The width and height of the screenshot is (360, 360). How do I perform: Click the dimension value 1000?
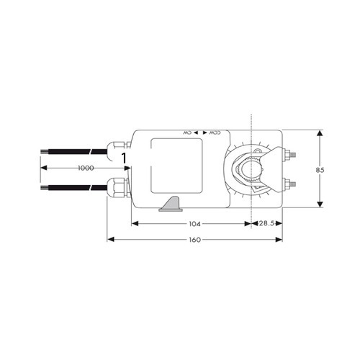point(85,167)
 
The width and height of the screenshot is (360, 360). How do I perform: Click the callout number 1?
point(124,156)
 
